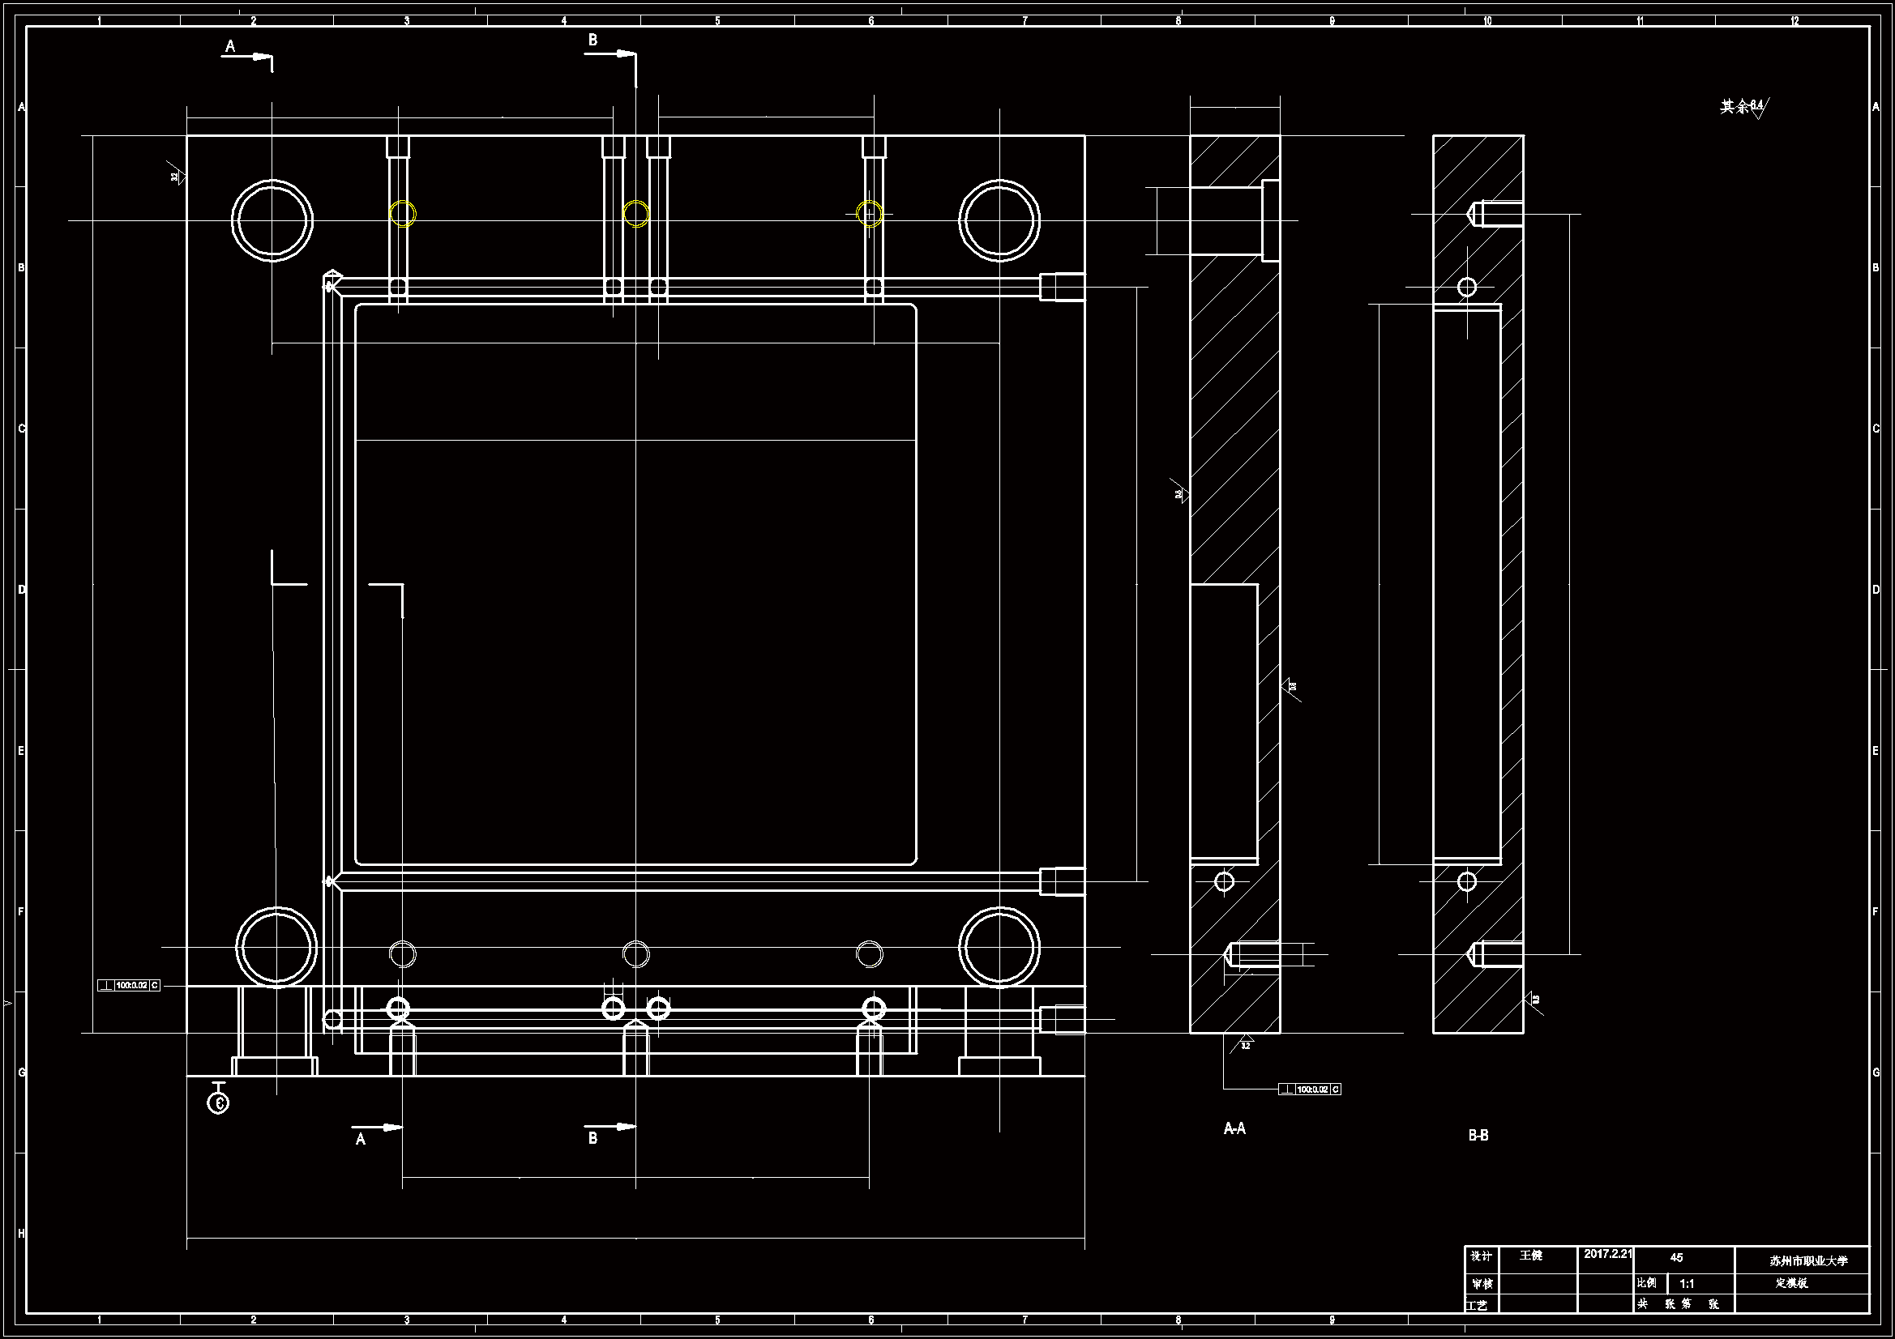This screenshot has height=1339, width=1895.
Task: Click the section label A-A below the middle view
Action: (x=1234, y=1128)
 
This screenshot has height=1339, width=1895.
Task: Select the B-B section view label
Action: (x=1478, y=1135)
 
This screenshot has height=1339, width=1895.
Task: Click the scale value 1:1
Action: (x=1687, y=1284)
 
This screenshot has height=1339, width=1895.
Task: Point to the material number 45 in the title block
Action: (x=1676, y=1257)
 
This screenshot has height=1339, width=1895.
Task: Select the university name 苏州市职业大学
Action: (x=1808, y=1260)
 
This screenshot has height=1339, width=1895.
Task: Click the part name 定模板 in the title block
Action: (x=1792, y=1283)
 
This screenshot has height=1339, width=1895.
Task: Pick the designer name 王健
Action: (x=1531, y=1255)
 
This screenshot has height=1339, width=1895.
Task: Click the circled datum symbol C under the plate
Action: (x=218, y=1102)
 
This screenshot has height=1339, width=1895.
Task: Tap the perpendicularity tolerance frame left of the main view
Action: (x=129, y=985)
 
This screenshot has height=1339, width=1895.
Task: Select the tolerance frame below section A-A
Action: (x=1310, y=1089)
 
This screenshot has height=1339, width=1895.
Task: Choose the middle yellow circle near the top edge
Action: (x=635, y=214)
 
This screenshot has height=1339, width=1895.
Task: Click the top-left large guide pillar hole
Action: (x=272, y=220)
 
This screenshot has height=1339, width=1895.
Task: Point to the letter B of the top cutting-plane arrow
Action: (x=592, y=40)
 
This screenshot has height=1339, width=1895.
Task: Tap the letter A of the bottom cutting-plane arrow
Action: (x=360, y=1140)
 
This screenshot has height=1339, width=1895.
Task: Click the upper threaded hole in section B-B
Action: (x=1495, y=215)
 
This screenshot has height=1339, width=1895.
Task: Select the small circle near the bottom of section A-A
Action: (x=1225, y=881)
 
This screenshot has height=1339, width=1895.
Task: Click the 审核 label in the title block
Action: (x=1482, y=1284)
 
